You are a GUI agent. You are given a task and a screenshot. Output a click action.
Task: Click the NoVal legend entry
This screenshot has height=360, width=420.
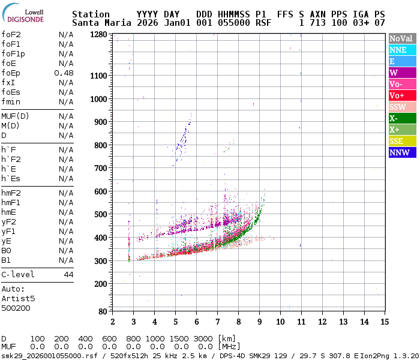401,38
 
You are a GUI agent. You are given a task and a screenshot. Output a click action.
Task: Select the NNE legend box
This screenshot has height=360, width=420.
401,50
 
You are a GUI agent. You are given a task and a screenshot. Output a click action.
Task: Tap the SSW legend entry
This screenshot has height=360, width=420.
401,107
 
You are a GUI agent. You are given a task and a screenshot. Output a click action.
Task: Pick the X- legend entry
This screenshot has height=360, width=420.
401,118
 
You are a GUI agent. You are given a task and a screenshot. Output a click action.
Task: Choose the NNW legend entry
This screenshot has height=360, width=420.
401,152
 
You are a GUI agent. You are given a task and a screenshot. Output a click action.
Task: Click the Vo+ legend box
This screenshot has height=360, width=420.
401,95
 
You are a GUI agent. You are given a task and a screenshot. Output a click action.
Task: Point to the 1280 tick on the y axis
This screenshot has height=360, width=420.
99,35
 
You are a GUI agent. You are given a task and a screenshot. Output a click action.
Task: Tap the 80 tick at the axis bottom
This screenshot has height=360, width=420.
103,311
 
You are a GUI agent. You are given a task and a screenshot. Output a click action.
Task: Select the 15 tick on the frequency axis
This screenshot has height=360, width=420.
384,322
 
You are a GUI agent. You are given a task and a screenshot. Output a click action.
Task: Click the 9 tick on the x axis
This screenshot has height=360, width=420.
259,322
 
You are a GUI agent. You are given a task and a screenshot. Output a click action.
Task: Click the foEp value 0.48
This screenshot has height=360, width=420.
64,73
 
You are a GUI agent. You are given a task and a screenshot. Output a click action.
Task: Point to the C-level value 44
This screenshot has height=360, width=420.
68,275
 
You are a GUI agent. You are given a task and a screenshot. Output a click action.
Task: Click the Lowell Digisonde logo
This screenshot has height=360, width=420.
25,16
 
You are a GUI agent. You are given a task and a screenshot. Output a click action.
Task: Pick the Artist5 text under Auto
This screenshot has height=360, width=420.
18,298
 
